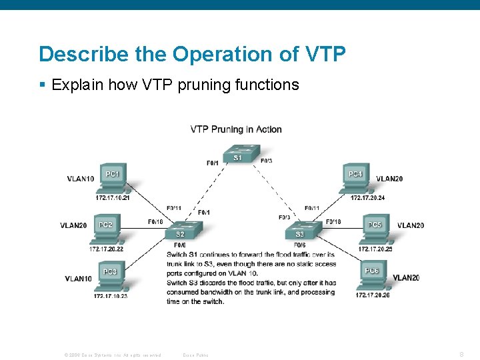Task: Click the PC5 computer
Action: click(375, 228)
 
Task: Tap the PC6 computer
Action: click(372, 274)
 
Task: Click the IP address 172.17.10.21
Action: click(112, 198)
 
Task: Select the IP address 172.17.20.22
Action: click(106, 249)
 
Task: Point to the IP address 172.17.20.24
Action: click(367, 198)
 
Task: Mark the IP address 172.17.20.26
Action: click(373, 295)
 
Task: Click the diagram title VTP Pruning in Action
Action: click(236, 129)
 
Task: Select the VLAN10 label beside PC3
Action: click(79, 279)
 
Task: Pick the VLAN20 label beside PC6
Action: click(406, 277)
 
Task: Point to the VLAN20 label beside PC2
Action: click(73, 225)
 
